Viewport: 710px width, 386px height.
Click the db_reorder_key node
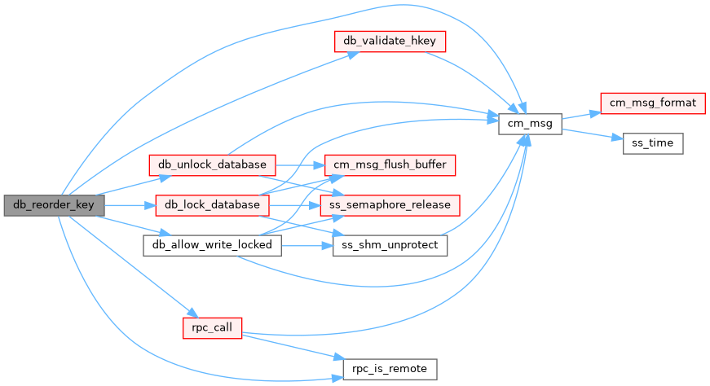(x=54, y=205)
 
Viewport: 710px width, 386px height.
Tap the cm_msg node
(x=530, y=125)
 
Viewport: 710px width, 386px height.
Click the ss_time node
(x=653, y=143)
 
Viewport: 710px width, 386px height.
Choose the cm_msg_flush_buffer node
(x=390, y=164)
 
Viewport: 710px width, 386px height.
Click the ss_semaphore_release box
(x=390, y=204)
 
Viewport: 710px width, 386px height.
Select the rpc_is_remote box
(x=390, y=369)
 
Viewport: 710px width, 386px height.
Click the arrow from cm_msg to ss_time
(x=592, y=134)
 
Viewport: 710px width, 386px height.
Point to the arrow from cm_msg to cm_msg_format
(x=580, y=115)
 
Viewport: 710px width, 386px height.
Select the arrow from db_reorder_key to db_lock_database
(x=129, y=205)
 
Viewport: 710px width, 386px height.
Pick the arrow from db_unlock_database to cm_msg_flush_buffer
(x=301, y=164)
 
